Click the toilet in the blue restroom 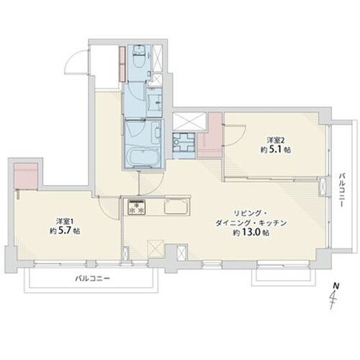click(138, 57)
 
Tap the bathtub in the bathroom click(143, 158)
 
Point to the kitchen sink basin click(176, 207)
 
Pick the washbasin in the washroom click(154, 102)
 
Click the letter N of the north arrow click(336, 286)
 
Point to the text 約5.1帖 click(276, 150)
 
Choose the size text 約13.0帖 click(251, 233)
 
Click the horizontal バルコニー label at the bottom click(93, 279)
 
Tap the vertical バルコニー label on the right click(342, 190)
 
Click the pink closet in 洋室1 click(26, 176)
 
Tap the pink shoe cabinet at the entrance click(122, 63)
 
